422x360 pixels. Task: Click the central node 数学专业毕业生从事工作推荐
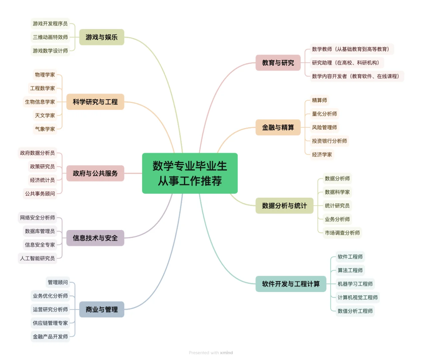pos(190,173)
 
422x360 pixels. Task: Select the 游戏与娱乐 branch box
pos(102,37)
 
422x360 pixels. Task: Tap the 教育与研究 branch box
pos(278,63)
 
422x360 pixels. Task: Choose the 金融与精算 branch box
pos(278,127)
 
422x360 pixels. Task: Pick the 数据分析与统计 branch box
pos(284,206)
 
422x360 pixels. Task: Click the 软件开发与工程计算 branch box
pos(290,284)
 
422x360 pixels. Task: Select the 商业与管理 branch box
pos(102,309)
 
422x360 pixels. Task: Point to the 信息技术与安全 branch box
pos(95,238)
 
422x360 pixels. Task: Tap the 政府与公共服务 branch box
pos(95,173)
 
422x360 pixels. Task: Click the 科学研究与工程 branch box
pos(95,102)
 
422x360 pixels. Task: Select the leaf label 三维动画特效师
pos(50,37)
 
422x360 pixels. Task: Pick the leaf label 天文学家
pos(45,115)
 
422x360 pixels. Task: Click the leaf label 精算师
pos(319,100)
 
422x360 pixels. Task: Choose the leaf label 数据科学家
pos(337,192)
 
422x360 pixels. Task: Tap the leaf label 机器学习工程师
pos(355,284)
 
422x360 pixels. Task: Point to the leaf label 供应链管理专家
pos(50,323)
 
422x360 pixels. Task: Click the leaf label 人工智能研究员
pos(37,258)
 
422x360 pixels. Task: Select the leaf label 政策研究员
pos(42,166)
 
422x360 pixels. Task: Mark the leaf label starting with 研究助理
pos(346,63)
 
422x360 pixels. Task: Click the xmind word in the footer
pos(226,353)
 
